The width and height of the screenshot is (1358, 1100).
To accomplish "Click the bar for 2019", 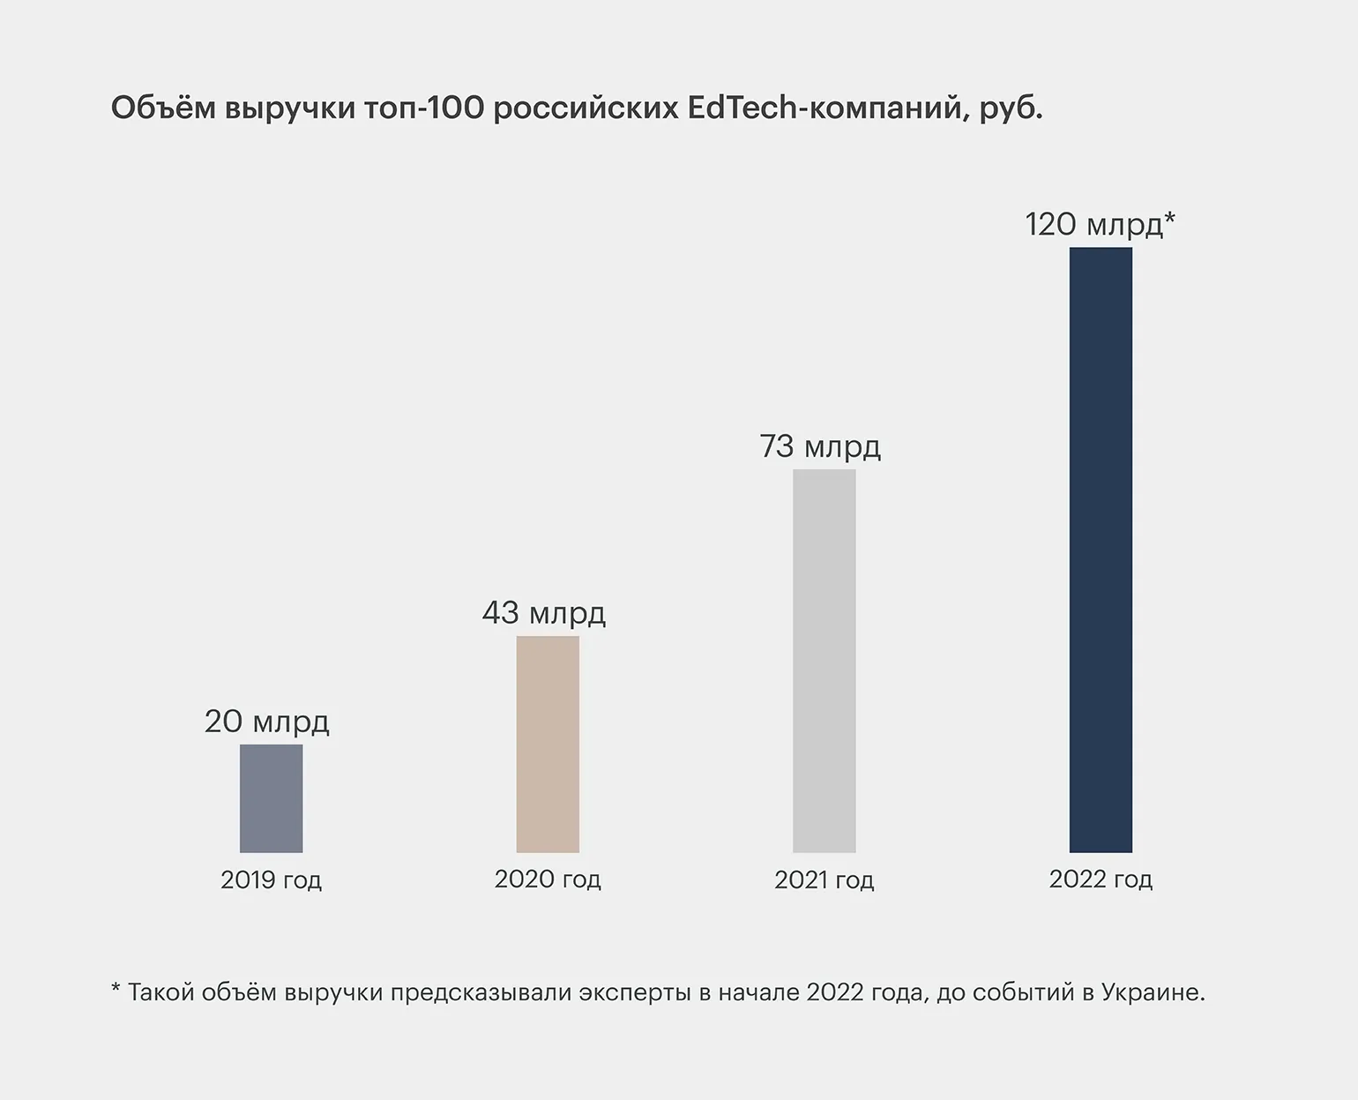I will tap(272, 798).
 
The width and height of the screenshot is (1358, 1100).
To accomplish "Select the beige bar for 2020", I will tap(548, 744).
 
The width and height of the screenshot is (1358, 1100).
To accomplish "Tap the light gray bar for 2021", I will tap(824, 661).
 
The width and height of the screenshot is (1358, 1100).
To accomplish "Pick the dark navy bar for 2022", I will tap(1101, 550).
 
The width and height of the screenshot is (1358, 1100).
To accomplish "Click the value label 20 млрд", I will tap(266, 722).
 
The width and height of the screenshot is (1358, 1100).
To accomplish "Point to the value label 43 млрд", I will tap(543, 613).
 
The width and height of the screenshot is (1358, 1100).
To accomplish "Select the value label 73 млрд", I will tap(820, 446).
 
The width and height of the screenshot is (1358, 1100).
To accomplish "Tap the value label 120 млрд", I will tap(1093, 225).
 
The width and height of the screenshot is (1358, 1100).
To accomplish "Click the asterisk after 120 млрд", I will tap(1170, 219).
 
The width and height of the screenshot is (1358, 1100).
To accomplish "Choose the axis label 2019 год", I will tap(271, 880).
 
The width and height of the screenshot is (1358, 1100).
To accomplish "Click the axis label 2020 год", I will tap(548, 879).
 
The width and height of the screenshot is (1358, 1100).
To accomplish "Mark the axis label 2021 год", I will tap(824, 880).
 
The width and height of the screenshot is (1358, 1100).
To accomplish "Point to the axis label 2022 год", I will tap(1101, 879).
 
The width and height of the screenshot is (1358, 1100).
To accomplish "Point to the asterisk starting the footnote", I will tap(116, 990).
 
